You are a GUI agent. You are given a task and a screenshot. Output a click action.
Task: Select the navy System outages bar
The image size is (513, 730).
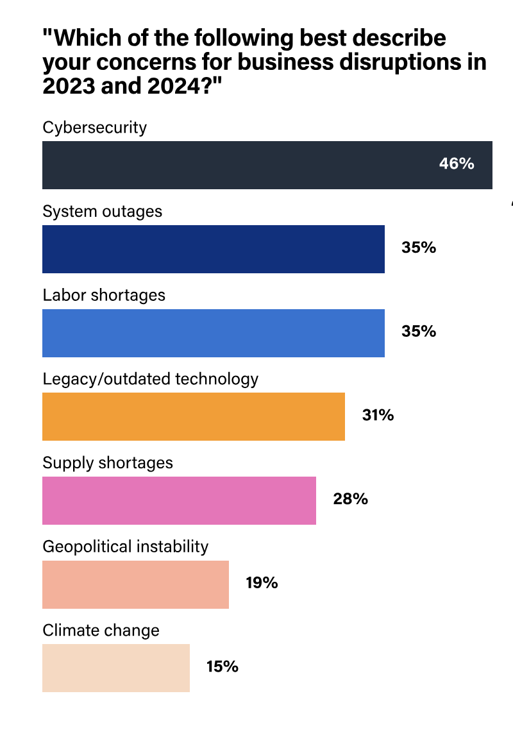coord(213,249)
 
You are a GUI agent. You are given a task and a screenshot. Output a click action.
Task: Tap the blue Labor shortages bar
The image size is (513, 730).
coord(213,333)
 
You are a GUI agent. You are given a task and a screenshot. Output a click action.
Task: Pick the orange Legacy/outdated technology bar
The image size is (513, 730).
coord(193,417)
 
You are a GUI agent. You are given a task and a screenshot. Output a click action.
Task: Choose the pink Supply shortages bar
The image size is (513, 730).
coord(179,500)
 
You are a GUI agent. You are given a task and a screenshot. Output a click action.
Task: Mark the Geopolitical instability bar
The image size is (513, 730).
coord(135,584)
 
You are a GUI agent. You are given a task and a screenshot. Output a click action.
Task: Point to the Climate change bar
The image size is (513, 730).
coord(116,668)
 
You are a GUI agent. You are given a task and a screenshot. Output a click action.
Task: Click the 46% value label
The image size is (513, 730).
coord(457,164)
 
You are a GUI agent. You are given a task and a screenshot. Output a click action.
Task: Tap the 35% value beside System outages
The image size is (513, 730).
coord(419,248)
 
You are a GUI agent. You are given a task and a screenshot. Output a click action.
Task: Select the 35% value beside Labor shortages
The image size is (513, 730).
coord(419,332)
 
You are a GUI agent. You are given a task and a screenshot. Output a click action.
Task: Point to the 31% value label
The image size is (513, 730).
coord(378,416)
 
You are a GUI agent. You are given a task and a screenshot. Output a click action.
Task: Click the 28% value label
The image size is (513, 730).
coord(350,499)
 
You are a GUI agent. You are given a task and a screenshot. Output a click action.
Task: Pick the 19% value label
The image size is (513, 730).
coord(262,583)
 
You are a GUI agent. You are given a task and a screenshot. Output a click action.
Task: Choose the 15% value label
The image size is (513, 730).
coord(222,666)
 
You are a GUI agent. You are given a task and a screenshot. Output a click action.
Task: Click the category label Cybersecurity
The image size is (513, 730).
coord(95,128)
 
